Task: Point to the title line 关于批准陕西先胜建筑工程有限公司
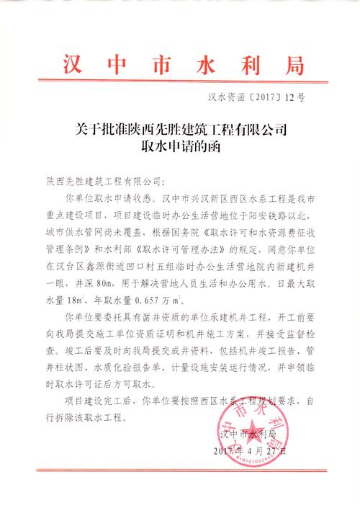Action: (180, 132)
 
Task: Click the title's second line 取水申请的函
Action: (180, 148)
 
